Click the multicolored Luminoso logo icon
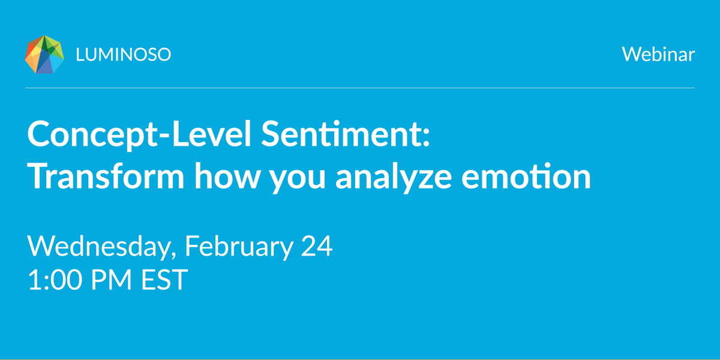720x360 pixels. (x=44, y=55)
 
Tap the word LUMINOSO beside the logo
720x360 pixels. (x=124, y=55)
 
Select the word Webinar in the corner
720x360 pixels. (x=658, y=55)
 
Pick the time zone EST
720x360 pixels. (x=164, y=280)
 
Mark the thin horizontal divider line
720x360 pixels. (x=360, y=88)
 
